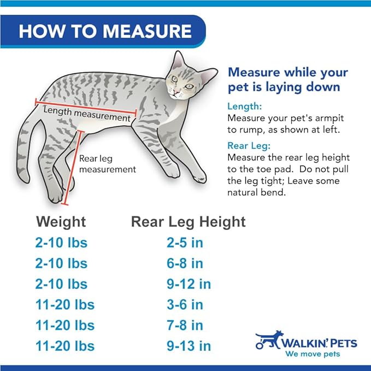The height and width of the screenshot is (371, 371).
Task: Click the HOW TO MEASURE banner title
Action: point(105,31)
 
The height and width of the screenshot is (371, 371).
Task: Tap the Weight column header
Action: point(61,222)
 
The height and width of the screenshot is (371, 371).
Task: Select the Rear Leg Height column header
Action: point(188,222)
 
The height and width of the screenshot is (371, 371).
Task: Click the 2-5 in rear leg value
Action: point(185,243)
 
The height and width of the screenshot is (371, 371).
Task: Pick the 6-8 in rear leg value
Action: point(185,263)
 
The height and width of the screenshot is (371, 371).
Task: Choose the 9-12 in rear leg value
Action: point(189,284)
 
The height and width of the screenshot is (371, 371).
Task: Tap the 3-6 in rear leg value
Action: point(185,305)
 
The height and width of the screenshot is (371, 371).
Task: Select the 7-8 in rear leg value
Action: point(185,326)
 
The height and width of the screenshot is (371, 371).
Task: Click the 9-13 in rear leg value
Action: point(189,346)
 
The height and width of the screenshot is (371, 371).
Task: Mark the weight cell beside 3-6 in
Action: point(65,305)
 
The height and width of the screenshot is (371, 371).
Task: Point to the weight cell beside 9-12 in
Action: point(61,284)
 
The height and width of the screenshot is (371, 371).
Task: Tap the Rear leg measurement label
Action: point(107,164)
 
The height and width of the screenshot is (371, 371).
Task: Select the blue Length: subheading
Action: point(245,107)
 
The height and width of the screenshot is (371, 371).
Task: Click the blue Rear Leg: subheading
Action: point(249,146)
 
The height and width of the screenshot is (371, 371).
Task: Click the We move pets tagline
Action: point(313,354)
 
